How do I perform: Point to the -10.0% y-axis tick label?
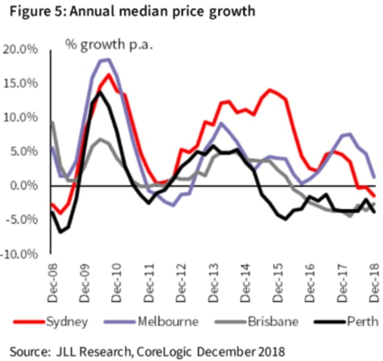pyautogui.click(x=19, y=254)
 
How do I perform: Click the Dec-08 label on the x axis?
pyautogui.click(x=53, y=283)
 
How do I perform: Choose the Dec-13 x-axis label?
pyautogui.click(x=214, y=283)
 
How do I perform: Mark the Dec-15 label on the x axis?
pyautogui.click(x=278, y=283)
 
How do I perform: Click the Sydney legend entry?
pyautogui.click(x=67, y=321)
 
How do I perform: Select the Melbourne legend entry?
pyautogui.click(x=168, y=321)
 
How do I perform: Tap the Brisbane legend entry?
pyautogui.click(x=273, y=321)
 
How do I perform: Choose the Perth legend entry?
pyautogui.click(x=362, y=321)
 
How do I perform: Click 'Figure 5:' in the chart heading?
pyautogui.click(x=38, y=11)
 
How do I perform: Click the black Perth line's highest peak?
pyautogui.click(x=100, y=92)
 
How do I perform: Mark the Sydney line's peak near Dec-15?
pyautogui.click(x=270, y=90)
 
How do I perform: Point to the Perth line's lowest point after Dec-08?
pyautogui.click(x=60, y=232)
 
